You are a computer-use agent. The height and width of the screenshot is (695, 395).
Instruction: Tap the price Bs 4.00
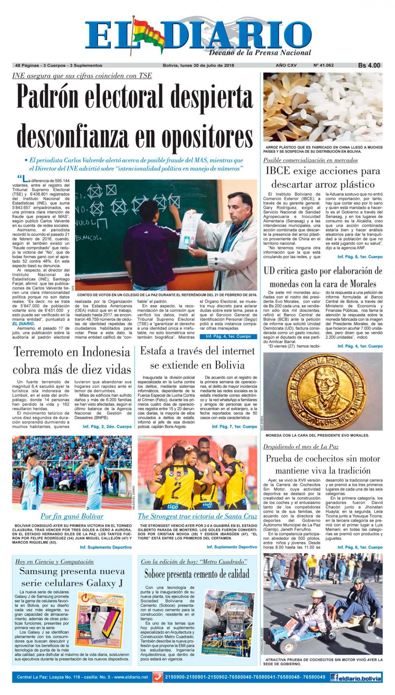point(369,65)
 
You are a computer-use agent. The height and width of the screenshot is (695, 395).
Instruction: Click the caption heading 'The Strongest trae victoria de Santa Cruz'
point(197,516)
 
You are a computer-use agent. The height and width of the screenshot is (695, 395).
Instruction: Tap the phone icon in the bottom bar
point(158,677)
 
